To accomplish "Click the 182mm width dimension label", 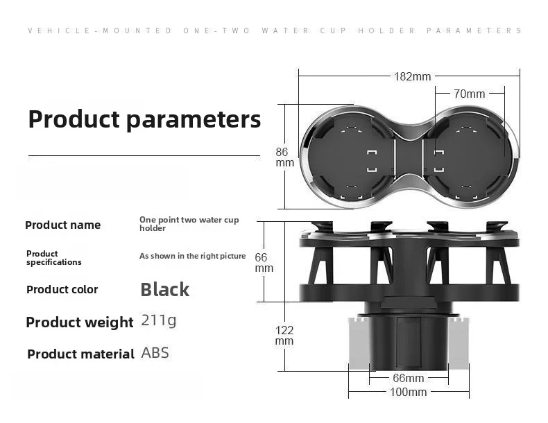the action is click(x=413, y=76).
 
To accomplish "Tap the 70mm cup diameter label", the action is click(x=470, y=94).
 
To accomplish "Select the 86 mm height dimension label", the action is click(x=284, y=157).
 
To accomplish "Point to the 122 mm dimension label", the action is click(x=284, y=336).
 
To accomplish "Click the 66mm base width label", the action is click(x=408, y=378).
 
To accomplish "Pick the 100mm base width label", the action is click(x=408, y=392).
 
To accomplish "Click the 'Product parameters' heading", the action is click(x=144, y=119).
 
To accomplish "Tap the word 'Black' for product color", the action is click(x=164, y=290).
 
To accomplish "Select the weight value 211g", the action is click(x=159, y=320).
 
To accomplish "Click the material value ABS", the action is click(x=155, y=353).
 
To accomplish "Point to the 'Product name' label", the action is click(x=63, y=225).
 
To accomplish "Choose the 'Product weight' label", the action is click(x=80, y=322).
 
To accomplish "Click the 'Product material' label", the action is click(x=80, y=354).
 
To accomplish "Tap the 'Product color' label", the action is click(x=62, y=290).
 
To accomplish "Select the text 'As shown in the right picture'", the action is click(x=193, y=256).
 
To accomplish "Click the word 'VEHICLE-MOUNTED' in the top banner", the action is click(x=100, y=31).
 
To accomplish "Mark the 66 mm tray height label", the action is click(x=264, y=263).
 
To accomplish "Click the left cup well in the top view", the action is click(x=351, y=157).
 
